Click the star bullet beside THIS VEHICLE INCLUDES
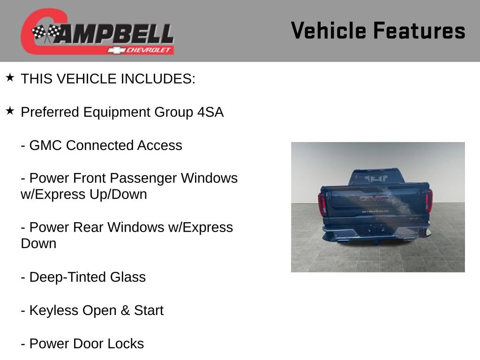10,77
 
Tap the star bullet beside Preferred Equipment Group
10,111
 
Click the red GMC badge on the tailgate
374,198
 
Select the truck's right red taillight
428,201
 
